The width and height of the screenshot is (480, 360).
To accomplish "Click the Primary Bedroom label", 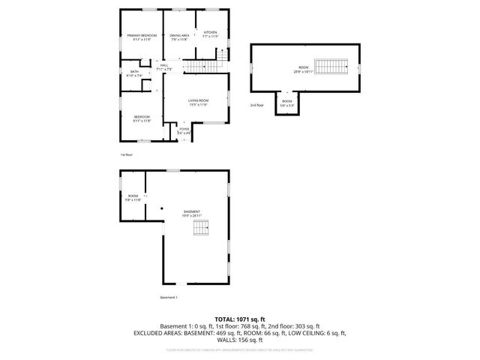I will coord(142,36).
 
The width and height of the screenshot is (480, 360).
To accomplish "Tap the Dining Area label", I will coord(179,36).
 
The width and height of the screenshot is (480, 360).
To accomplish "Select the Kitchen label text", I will coord(210,32).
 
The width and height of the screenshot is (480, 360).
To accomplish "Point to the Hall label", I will coord(163,66).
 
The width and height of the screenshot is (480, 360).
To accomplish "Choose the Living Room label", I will coord(198,100).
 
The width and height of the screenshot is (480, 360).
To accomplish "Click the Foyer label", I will coord(184,130).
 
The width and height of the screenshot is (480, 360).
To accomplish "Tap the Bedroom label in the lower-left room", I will coord(142,116).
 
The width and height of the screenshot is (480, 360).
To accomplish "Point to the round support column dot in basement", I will coord(162,208).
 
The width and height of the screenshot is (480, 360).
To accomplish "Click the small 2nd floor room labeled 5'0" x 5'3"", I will coord(287,103).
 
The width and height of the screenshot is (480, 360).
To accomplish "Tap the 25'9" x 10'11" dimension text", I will coord(300,71).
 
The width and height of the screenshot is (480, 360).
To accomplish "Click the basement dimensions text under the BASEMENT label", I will coord(192,216).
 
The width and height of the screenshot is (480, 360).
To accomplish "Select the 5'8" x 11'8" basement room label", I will coord(133,200).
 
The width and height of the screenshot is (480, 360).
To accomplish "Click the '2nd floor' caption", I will coord(257,106).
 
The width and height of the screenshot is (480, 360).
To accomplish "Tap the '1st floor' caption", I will coord(126,154).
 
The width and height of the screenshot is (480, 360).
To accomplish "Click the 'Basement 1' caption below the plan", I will coord(169,297).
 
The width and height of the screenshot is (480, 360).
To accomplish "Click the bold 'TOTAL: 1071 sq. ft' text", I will coord(239,319).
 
